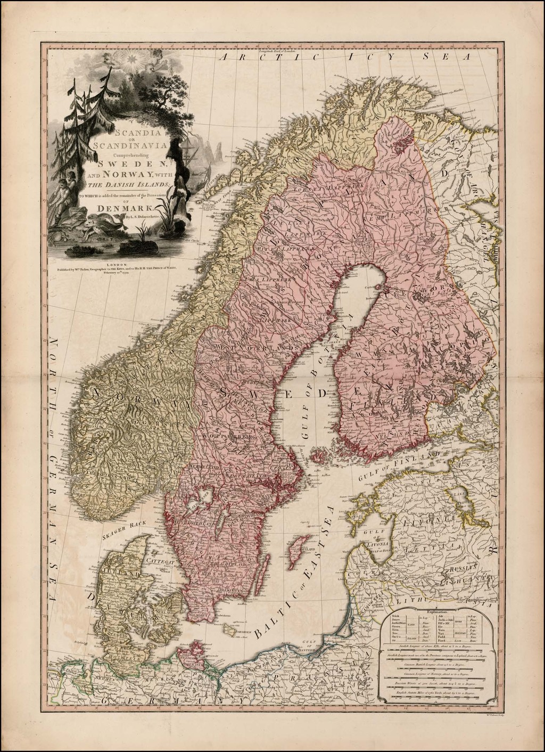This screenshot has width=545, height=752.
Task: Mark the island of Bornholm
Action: point(230,631)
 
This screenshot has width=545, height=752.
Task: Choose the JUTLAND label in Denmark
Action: point(118,574)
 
